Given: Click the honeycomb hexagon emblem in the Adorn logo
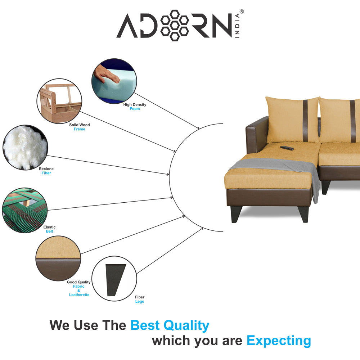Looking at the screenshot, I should pyautogui.click(x=174, y=25).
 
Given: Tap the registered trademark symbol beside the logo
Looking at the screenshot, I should pyautogui.click(x=242, y=12).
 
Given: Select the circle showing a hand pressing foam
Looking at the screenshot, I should pyautogui.click(x=114, y=81).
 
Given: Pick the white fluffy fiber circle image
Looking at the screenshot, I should pyautogui.click(x=24, y=147).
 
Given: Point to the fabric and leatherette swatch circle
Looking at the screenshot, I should pyautogui.click(x=58, y=258).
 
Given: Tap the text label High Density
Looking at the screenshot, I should pyautogui.click(x=135, y=105).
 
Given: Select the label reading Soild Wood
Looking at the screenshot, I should pyautogui.click(x=79, y=125).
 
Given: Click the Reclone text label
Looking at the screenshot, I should pyautogui.click(x=46, y=169).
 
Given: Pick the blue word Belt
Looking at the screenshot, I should pyautogui.click(x=49, y=231).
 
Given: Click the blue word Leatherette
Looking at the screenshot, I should pyautogui.click(x=79, y=295).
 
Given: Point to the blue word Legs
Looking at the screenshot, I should pyautogui.click(x=140, y=301).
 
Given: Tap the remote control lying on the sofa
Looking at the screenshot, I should pyautogui.click(x=287, y=148).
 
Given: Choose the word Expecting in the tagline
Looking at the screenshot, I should pyautogui.click(x=279, y=341).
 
